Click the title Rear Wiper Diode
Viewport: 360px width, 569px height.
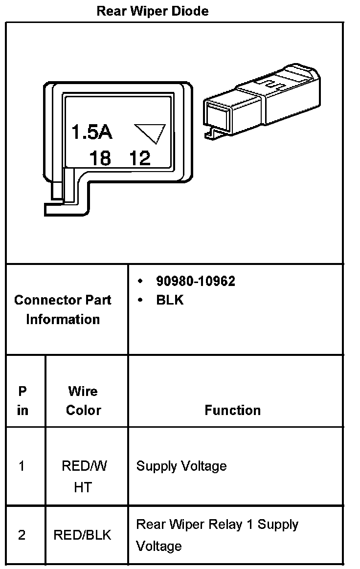click(x=153, y=11)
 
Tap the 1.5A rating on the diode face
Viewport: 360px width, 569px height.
click(x=92, y=132)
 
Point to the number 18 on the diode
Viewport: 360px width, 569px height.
click(x=100, y=158)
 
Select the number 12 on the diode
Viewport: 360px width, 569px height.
click(x=140, y=158)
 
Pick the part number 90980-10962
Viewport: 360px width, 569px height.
click(x=195, y=281)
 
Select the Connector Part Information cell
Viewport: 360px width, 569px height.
click(x=63, y=309)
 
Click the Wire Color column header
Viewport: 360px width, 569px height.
click(x=83, y=400)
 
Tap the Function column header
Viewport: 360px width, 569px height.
click(x=232, y=410)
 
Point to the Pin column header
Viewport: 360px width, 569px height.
click(x=22, y=400)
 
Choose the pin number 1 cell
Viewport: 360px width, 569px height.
click(x=22, y=466)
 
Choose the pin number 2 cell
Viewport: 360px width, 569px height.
click(x=22, y=535)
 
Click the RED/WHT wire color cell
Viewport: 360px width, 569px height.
click(x=84, y=476)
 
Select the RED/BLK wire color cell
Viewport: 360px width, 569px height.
click(x=82, y=535)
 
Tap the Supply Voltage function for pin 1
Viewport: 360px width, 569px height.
click(x=181, y=466)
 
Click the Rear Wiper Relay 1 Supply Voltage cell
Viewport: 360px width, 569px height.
click(x=217, y=535)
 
